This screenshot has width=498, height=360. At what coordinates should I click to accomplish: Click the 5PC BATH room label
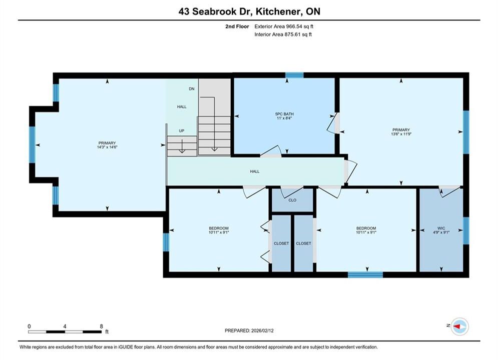pos(284,114)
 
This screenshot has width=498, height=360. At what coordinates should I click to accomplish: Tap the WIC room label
pos(441,228)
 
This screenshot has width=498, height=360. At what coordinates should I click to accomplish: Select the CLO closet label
pos(292,200)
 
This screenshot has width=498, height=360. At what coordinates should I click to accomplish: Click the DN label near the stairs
pos(192,89)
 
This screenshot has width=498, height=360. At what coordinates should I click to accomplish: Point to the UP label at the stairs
pos(182,130)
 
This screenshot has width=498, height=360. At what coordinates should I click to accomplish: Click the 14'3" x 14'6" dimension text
pos(107,147)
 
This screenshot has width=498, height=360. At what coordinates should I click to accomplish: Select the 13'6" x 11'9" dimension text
pos(401,134)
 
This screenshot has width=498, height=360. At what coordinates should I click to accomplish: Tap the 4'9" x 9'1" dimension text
pos(441,232)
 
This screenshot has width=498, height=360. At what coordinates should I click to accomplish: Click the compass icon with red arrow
pos(459,326)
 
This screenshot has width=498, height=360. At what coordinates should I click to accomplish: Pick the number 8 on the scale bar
pos(101,326)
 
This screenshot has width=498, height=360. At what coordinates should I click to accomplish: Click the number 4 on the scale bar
pos(65,326)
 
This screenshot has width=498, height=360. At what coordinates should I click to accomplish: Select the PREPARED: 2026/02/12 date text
pos(249,330)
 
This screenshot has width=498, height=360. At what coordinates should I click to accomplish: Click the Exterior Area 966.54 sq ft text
pos(284,26)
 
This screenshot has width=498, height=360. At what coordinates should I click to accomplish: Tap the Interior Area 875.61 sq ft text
pos(283,34)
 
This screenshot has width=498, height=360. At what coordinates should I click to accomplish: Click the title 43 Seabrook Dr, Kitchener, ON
pos(249,11)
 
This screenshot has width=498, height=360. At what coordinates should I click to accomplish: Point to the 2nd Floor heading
pos(237,26)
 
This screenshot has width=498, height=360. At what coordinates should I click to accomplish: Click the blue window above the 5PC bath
pos(294,75)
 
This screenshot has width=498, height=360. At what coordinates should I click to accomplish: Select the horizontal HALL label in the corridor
pos(255,171)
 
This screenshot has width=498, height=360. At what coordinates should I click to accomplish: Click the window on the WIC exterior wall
pos(466,230)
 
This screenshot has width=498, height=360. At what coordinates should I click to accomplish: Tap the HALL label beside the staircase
pos(182,106)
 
